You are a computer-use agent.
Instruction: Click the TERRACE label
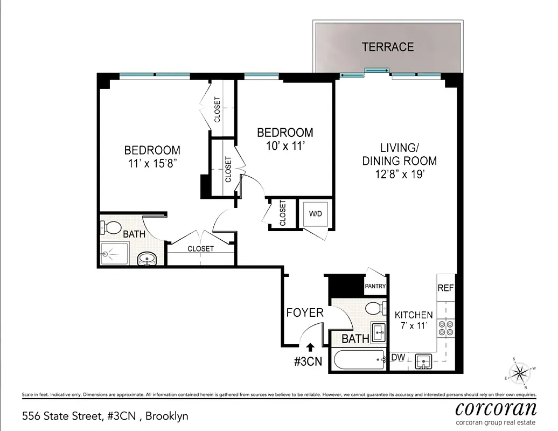pyautogui.click(x=387, y=47)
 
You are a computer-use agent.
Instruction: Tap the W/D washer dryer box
pyautogui.click(x=315, y=214)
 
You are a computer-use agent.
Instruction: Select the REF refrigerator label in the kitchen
pyautogui.click(x=445, y=288)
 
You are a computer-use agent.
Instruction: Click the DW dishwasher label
pyautogui.click(x=398, y=358)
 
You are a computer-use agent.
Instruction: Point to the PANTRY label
pyautogui.click(x=375, y=286)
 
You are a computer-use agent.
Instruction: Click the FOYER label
pyautogui.click(x=305, y=312)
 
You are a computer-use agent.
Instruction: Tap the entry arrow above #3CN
pyautogui.click(x=310, y=348)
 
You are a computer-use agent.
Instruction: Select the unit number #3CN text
pyautogui.click(x=308, y=362)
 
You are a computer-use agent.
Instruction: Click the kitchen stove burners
pyautogui.click(x=447, y=328)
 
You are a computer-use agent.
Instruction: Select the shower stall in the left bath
pyautogui.click(x=114, y=253)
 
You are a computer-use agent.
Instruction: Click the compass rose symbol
pyautogui.click(x=520, y=372)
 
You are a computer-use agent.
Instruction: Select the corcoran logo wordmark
pyautogui.click(x=496, y=408)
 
